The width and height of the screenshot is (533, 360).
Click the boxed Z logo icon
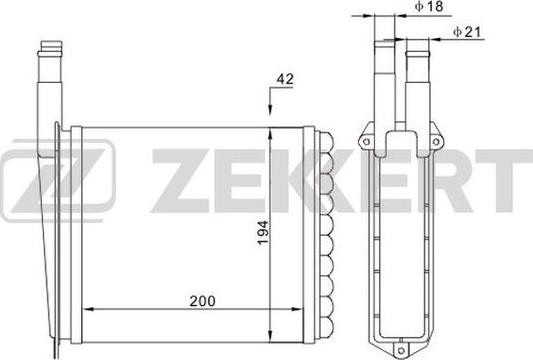click(x=57, y=176)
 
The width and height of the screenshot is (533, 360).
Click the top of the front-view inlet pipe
click(x=50, y=46)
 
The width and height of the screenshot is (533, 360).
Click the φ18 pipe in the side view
click(x=384, y=70)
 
